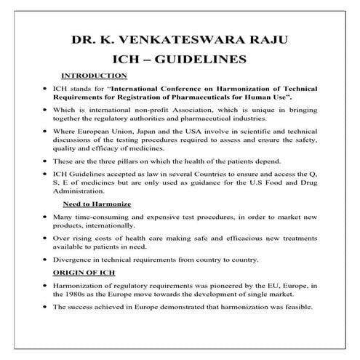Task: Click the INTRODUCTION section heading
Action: click(x=95, y=76)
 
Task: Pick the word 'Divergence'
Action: click(x=73, y=260)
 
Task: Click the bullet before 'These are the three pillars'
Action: click(x=45, y=161)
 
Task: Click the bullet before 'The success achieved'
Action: click(x=45, y=308)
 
